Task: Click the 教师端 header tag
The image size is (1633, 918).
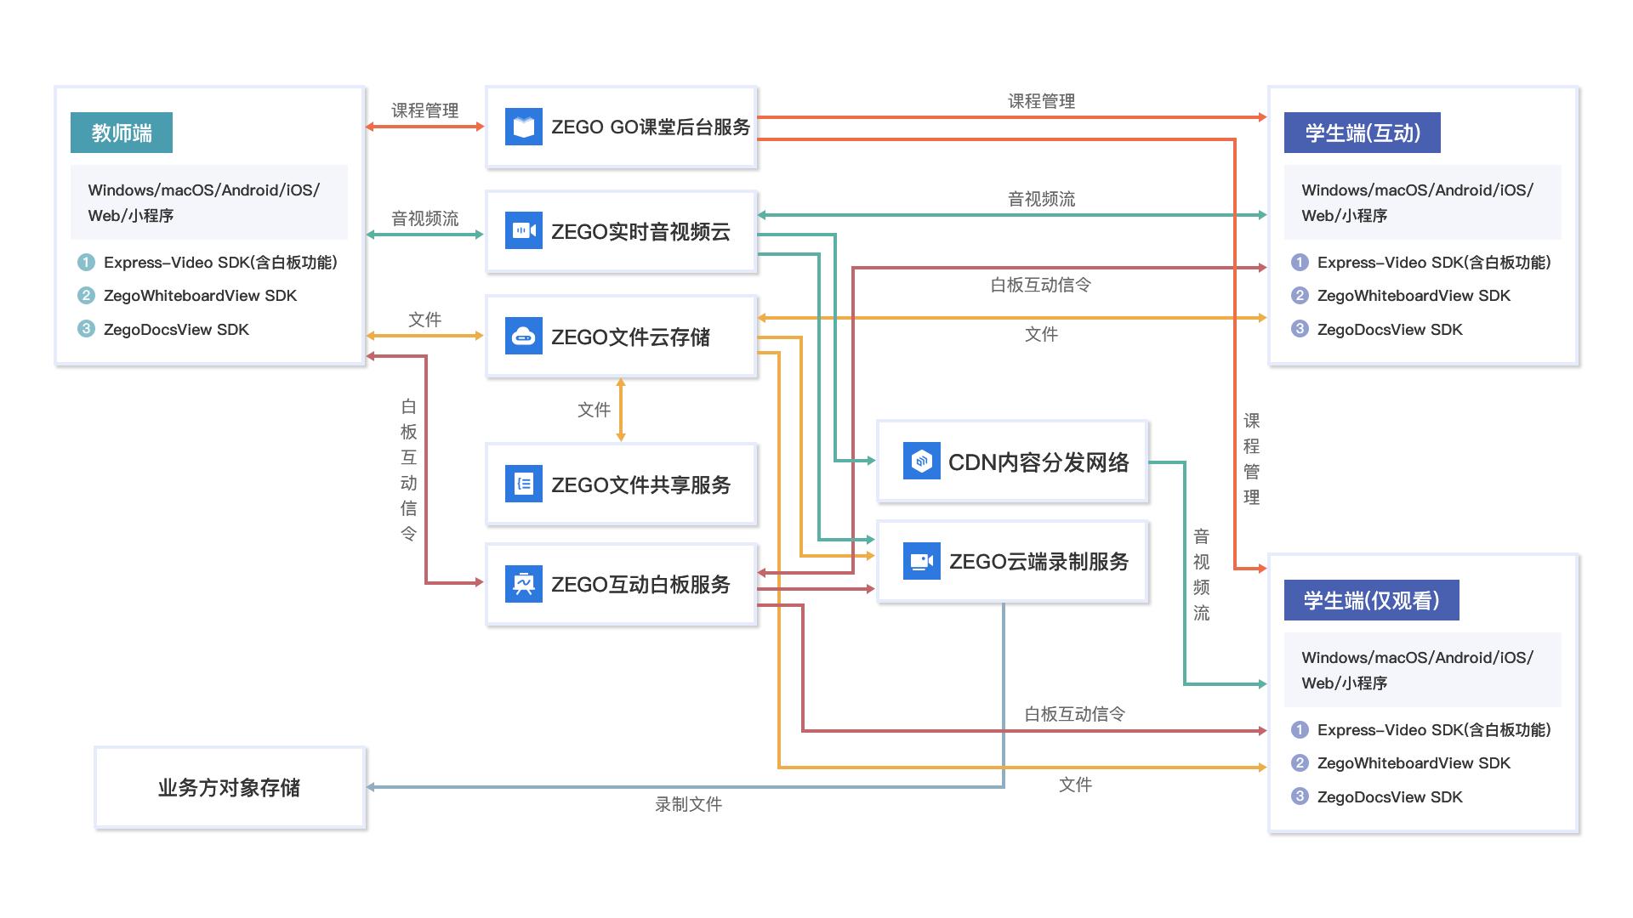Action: [x=122, y=133]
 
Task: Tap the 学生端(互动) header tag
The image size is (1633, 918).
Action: [x=1362, y=133]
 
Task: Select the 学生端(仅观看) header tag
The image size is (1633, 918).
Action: [x=1371, y=600]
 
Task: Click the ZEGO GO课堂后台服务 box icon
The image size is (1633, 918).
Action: [x=523, y=127]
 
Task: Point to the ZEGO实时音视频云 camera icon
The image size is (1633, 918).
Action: [x=523, y=231]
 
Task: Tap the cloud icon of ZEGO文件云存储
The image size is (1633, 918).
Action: [x=523, y=337]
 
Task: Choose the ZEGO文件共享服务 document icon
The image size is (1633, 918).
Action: [x=523, y=484]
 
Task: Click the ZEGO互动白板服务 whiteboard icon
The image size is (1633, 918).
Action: [x=523, y=584]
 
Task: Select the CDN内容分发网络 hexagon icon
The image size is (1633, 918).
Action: [x=921, y=462]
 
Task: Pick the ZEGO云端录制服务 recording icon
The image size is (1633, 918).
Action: [x=921, y=561]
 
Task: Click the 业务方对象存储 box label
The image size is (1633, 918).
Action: [x=229, y=788]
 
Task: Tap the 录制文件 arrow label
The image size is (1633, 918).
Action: [x=688, y=804]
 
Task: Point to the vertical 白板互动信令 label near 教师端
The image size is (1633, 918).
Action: [x=408, y=469]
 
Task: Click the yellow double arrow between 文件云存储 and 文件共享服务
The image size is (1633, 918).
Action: [x=621, y=410]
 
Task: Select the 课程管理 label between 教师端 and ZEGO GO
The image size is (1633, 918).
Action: [x=424, y=110]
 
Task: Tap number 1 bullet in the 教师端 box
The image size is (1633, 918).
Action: [x=86, y=262]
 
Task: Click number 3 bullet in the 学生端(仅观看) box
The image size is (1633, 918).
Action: [x=1300, y=796]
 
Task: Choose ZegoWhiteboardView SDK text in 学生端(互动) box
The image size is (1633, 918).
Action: [x=1414, y=296]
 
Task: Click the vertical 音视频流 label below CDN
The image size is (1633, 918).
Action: [x=1201, y=574]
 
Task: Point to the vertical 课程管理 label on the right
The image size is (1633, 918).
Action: [x=1251, y=459]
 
